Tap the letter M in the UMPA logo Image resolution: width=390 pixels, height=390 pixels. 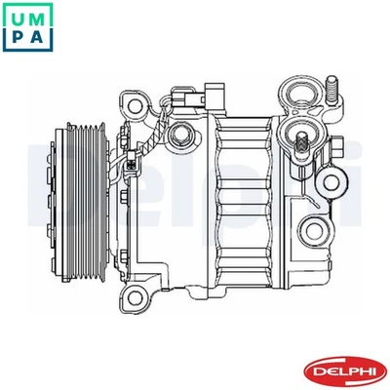(x=38, y=16)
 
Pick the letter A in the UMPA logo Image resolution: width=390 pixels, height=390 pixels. (x=38, y=37)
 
